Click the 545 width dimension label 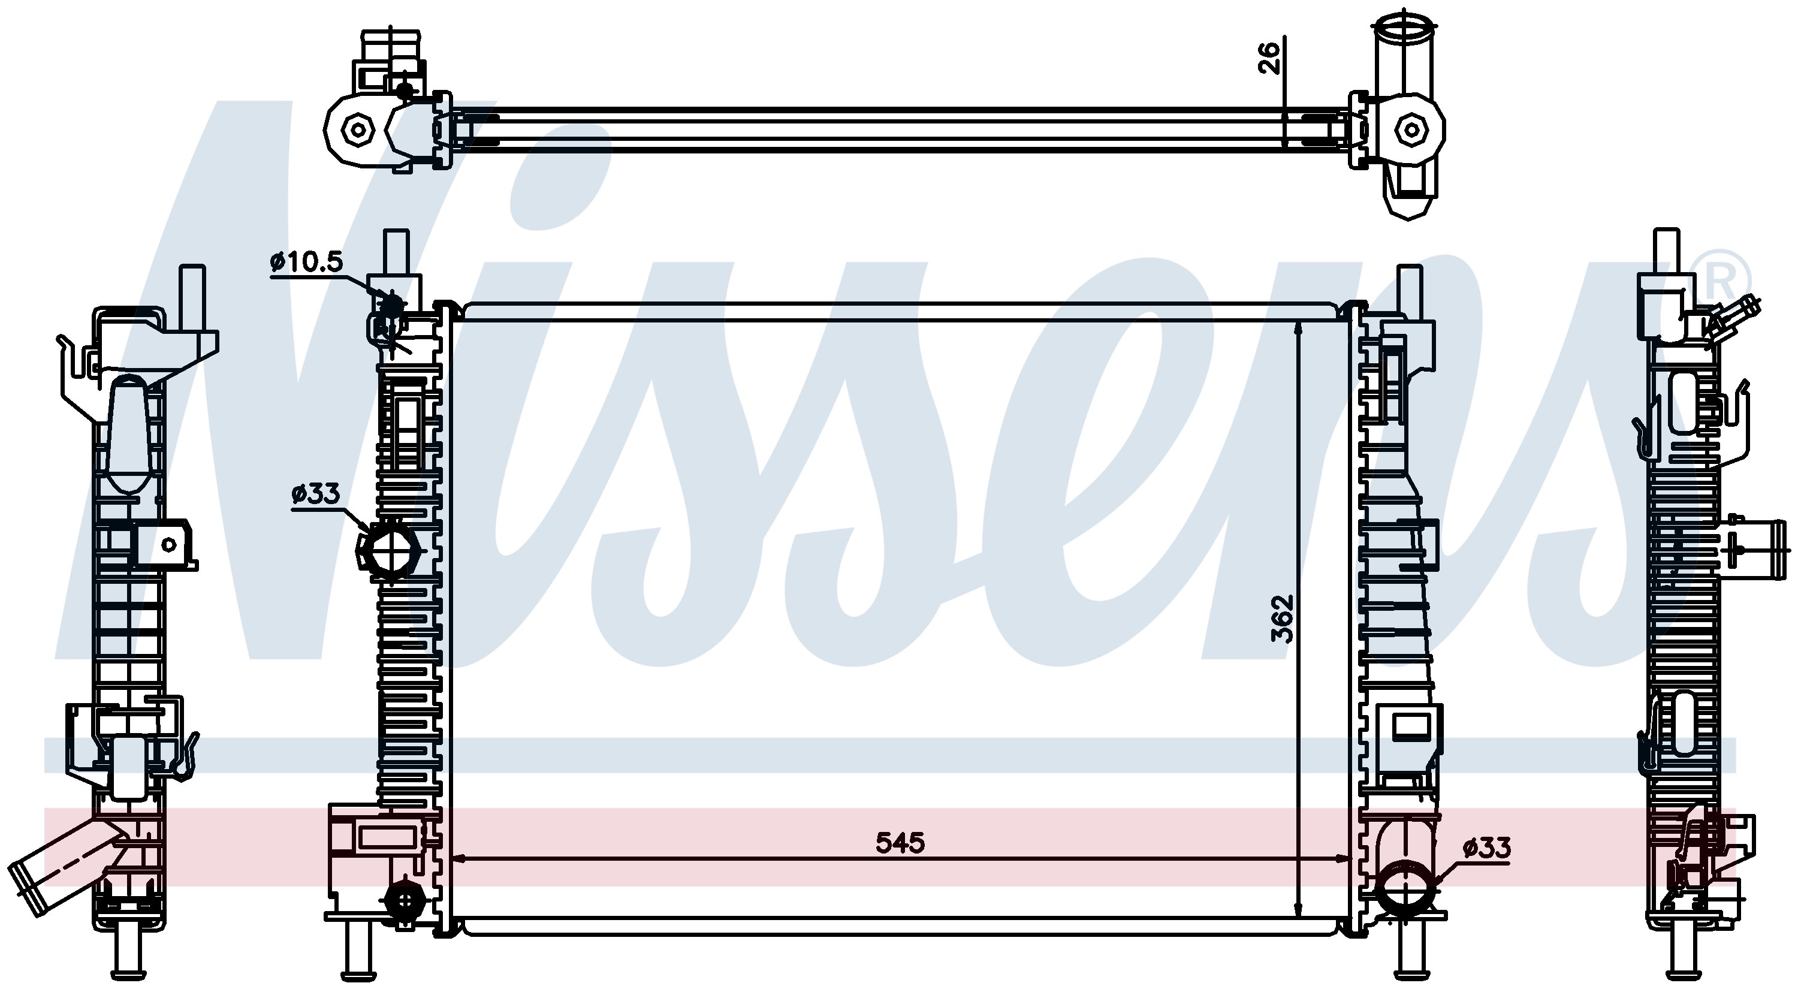pos(900,843)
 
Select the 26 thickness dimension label pos(1269,58)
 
